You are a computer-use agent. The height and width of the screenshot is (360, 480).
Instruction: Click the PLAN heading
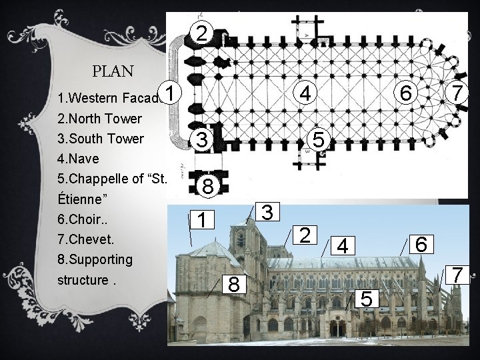113,71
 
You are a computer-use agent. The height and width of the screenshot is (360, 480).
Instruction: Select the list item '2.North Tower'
99,119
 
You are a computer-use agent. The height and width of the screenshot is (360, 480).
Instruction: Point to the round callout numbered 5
319,139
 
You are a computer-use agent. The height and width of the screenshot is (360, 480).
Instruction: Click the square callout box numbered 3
267,212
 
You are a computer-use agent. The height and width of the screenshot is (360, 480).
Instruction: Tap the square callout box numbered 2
305,235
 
